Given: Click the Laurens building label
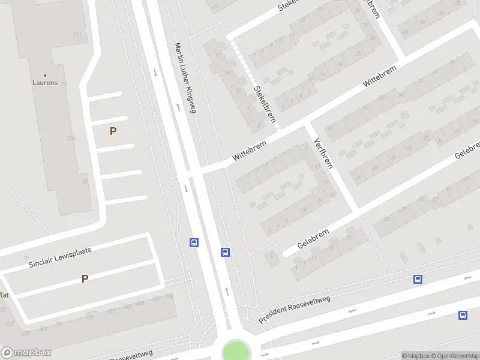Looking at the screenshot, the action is click(x=45, y=83).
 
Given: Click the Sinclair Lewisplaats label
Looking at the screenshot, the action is click(x=59, y=257).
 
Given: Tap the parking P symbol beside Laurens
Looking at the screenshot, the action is click(x=113, y=131).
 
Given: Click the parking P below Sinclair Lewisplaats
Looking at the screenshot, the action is click(x=85, y=278).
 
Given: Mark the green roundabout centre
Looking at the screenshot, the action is click(x=235, y=351).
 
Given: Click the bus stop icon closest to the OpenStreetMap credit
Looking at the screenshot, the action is click(x=463, y=315).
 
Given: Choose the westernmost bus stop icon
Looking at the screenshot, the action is click(x=194, y=243).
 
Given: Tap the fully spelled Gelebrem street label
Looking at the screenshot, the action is click(x=314, y=238).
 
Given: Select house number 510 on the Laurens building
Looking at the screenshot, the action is click(x=77, y=34).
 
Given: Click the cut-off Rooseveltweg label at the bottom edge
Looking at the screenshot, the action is click(x=132, y=355).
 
